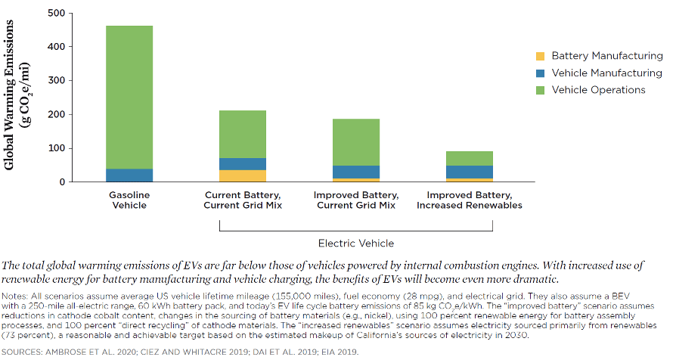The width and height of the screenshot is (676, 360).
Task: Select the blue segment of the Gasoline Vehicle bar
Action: tap(129, 175)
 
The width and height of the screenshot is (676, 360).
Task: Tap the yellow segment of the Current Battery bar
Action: tap(243, 176)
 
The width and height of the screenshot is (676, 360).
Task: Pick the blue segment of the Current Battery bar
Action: tap(243, 164)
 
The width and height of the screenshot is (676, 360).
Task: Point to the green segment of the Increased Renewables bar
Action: tap(470, 158)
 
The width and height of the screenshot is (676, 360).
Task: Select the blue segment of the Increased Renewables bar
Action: tap(470, 172)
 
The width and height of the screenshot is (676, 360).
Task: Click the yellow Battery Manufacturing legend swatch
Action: tap(540, 56)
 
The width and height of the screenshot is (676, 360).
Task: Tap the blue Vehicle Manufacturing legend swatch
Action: tap(540, 73)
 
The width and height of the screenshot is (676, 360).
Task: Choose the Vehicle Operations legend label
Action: tap(598, 90)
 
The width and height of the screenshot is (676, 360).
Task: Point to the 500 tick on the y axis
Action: tap(55, 14)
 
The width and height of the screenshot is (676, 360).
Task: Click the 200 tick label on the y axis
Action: tap(55, 114)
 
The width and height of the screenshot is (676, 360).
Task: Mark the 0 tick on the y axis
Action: tap(61, 182)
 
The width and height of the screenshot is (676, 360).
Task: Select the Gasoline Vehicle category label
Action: tap(129, 200)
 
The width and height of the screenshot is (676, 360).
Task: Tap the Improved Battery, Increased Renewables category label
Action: tap(470, 200)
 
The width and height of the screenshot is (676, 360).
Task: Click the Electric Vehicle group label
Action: tap(356, 243)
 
